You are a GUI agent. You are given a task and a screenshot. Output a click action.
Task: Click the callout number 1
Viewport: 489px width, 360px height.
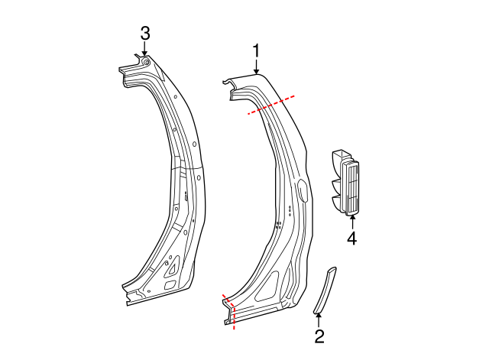pos(256,50)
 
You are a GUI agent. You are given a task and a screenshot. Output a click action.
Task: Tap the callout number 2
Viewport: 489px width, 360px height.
pos(319,336)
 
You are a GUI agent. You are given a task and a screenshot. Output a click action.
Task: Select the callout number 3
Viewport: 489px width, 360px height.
pos(144,33)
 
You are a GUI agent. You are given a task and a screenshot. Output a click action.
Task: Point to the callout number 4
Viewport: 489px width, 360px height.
pos(351,238)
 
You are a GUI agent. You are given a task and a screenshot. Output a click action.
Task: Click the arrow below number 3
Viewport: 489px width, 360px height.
pos(144,48)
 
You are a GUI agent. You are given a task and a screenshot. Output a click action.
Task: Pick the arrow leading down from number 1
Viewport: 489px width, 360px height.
pos(256,66)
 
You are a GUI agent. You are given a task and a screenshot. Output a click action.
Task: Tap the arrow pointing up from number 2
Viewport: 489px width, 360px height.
pos(319,318)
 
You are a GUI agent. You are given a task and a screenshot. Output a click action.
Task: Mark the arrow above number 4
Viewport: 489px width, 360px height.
pos(351,221)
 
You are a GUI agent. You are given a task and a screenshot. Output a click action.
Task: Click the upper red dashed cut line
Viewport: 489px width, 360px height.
pos(270,104)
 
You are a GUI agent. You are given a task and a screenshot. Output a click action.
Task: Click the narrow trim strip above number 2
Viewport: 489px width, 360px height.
pos(325,290)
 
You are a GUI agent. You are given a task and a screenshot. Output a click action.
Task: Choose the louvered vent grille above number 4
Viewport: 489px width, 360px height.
pos(351,187)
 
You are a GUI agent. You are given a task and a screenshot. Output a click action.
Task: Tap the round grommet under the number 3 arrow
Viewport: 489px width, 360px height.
pos(145,60)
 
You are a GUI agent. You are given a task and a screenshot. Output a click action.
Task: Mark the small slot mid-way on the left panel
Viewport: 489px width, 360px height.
pos(185,196)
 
